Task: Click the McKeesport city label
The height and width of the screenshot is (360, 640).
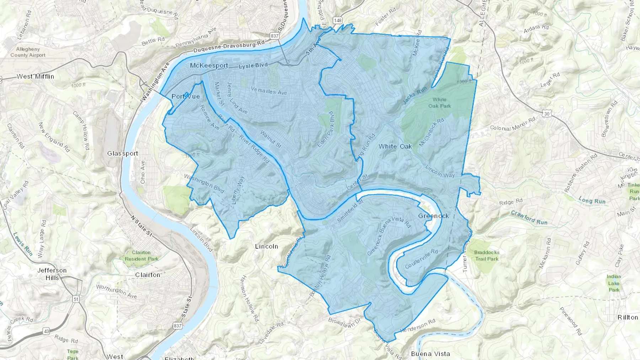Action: (x=209, y=65)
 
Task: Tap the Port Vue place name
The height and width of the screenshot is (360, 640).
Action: (x=186, y=96)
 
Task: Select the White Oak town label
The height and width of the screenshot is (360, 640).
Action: (x=395, y=146)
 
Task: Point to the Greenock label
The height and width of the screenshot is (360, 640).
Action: (x=433, y=216)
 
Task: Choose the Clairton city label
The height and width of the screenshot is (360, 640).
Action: (x=148, y=275)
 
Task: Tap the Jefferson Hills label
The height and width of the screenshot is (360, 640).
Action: (x=52, y=274)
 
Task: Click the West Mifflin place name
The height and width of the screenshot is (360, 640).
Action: (x=36, y=76)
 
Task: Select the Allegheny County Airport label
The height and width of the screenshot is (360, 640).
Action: (x=28, y=52)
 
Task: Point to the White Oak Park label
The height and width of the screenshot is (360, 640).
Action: (x=439, y=103)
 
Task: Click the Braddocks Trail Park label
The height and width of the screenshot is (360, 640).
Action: (x=487, y=256)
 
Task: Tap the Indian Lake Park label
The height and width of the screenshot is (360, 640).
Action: (x=614, y=283)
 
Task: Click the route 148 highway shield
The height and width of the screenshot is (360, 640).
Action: (x=337, y=20)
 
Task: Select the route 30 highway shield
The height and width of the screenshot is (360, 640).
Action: (x=546, y=113)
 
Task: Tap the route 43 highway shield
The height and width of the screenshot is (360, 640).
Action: (x=47, y=331)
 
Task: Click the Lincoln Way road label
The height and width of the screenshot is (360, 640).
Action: (x=440, y=171)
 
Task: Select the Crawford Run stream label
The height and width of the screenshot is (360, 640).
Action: (x=529, y=217)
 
